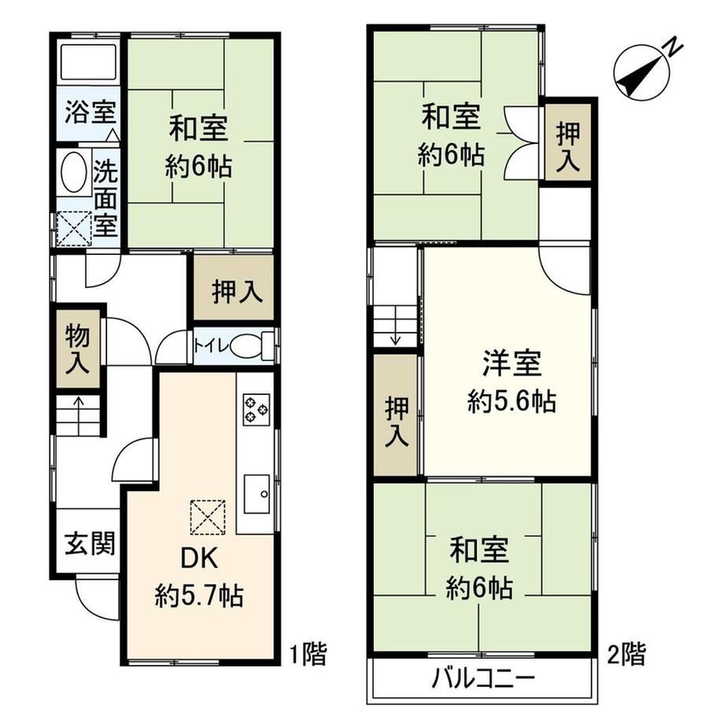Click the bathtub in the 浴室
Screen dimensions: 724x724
pos(89,61)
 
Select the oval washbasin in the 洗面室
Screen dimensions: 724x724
pos(73,172)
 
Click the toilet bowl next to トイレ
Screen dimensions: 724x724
pos(246,345)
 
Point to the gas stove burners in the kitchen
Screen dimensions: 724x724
pos(257,409)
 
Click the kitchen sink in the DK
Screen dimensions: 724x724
pos(257,493)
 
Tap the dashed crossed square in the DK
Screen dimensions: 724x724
pos(208,517)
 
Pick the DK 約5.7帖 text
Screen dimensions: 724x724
pos(199,577)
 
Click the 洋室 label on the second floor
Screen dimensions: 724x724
pos(512,363)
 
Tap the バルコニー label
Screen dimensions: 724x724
pos(483,679)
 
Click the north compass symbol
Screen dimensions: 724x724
pos(643,72)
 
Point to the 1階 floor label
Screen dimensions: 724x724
pos(308,654)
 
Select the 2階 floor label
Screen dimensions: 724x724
pos(626,654)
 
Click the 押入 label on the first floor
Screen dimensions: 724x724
pos(238,291)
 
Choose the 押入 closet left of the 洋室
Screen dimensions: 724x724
pos(397,415)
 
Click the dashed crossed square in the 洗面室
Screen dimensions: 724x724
pos(74,228)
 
